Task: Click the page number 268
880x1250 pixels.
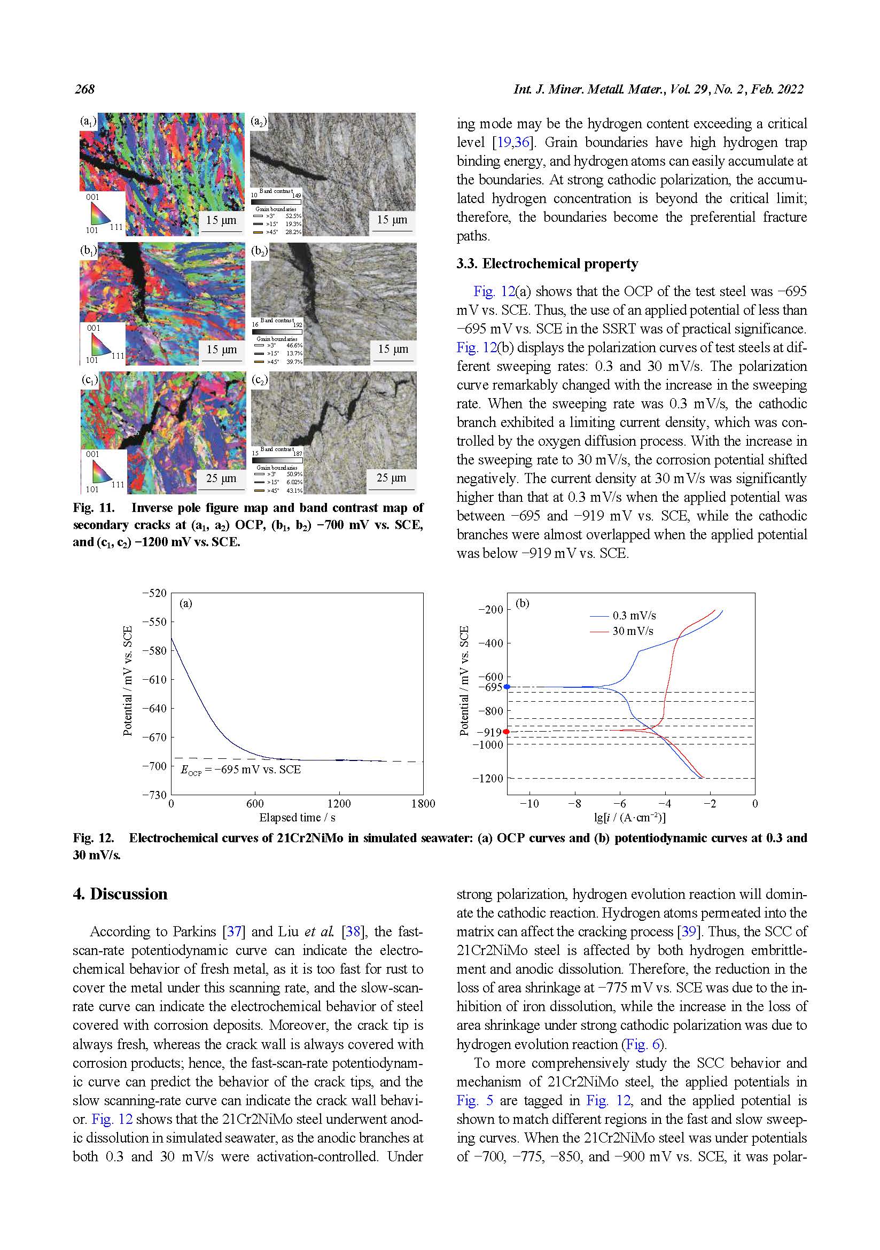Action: click(x=85, y=89)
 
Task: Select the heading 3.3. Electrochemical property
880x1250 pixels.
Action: click(x=547, y=264)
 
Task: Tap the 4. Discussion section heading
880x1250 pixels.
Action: click(x=120, y=894)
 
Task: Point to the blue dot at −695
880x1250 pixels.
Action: click(x=507, y=687)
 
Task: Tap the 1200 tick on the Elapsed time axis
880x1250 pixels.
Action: click(x=339, y=804)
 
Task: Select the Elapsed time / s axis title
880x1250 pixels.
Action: click(x=297, y=818)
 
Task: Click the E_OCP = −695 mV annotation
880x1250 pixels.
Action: click(x=240, y=770)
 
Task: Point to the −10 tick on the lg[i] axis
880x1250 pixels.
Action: click(x=529, y=804)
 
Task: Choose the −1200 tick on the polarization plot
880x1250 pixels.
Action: click(x=488, y=779)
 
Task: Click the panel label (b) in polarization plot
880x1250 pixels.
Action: click(x=523, y=603)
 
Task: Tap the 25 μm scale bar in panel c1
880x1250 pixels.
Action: click(x=221, y=478)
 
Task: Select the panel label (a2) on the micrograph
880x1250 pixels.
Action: click(x=259, y=121)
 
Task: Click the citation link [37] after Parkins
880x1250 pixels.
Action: click(x=234, y=931)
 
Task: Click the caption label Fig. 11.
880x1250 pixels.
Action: click(x=94, y=508)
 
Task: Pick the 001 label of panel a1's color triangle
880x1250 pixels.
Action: click(x=92, y=197)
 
